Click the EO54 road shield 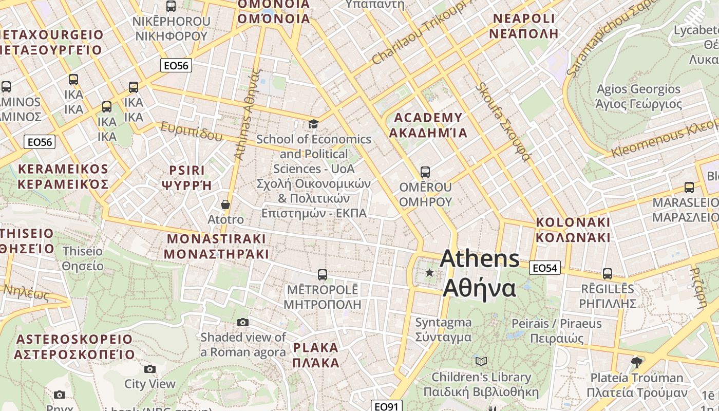[545, 268]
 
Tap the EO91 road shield [386, 406]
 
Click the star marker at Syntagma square [429, 272]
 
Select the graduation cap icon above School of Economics [313, 124]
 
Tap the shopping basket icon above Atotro [225, 204]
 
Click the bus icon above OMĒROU [425, 172]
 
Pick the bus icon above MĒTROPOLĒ [323, 274]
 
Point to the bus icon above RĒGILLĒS [608, 273]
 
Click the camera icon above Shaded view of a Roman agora [243, 322]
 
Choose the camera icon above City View [149, 369]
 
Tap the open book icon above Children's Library [481, 361]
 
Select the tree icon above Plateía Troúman [637, 362]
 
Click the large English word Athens [480, 258]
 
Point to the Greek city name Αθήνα [479, 288]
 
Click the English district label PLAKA [316, 348]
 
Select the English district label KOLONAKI [573, 222]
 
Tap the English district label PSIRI [187, 170]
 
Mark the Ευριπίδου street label [192, 131]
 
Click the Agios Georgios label [638, 89]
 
